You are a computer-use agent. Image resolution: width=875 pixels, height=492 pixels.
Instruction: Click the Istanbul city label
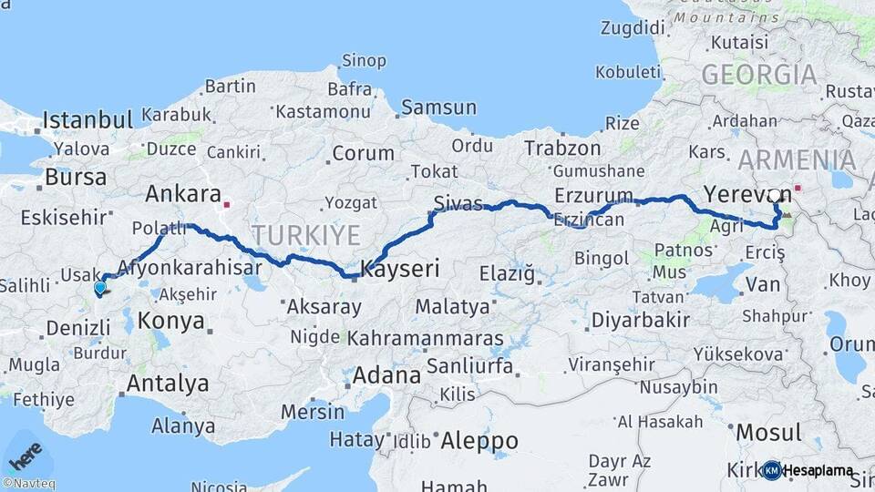click(x=87, y=119)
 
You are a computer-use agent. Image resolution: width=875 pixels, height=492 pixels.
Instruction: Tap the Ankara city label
click(x=183, y=194)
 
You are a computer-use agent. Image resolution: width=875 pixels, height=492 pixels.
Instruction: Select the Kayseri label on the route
click(x=401, y=269)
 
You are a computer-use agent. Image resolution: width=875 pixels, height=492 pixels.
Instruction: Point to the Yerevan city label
click(x=735, y=193)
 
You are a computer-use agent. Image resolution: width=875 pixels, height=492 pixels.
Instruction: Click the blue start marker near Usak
click(x=99, y=288)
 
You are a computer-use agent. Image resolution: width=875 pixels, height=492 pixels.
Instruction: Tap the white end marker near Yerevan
click(x=775, y=195)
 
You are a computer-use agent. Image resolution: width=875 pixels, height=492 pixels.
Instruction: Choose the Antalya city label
click(x=168, y=384)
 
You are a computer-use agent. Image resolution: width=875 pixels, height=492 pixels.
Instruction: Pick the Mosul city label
click(x=767, y=432)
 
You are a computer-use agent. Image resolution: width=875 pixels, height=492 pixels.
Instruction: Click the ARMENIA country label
click(x=797, y=160)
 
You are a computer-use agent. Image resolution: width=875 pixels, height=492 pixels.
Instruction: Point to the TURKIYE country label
click(x=306, y=236)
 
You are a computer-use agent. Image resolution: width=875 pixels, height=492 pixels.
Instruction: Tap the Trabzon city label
click(x=562, y=148)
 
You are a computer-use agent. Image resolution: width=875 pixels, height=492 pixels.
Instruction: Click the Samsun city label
click(x=438, y=108)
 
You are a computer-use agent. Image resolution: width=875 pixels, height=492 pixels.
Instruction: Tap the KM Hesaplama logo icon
click(x=772, y=470)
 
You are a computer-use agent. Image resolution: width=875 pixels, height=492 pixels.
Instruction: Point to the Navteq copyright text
click(x=28, y=484)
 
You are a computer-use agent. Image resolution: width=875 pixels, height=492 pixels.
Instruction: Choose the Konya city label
click(x=170, y=321)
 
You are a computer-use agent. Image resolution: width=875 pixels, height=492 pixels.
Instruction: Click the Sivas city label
click(x=458, y=203)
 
